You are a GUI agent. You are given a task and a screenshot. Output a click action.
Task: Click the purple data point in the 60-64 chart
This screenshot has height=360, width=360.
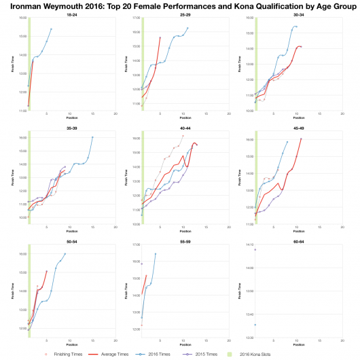pyautogui.click(x=255, y=249)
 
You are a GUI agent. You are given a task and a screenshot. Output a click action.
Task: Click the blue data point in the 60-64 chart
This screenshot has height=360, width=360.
pyautogui.click(x=255, y=325)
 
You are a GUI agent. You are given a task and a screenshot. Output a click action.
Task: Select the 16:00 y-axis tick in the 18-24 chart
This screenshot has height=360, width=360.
pyautogui.click(x=23, y=18)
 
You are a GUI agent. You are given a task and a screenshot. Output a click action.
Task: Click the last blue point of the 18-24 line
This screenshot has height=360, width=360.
pyautogui.click(x=51, y=29)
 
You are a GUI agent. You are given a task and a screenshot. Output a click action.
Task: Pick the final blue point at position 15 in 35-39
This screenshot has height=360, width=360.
pyautogui.click(x=92, y=137)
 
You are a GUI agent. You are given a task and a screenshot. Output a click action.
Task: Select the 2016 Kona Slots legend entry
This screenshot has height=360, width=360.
pyautogui.click(x=267, y=354)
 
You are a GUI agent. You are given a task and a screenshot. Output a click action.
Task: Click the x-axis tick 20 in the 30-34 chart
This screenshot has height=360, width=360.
pyautogui.click(x=342, y=113)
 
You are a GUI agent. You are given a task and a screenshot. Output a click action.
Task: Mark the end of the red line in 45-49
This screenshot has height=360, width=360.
pyautogui.click(x=301, y=139)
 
